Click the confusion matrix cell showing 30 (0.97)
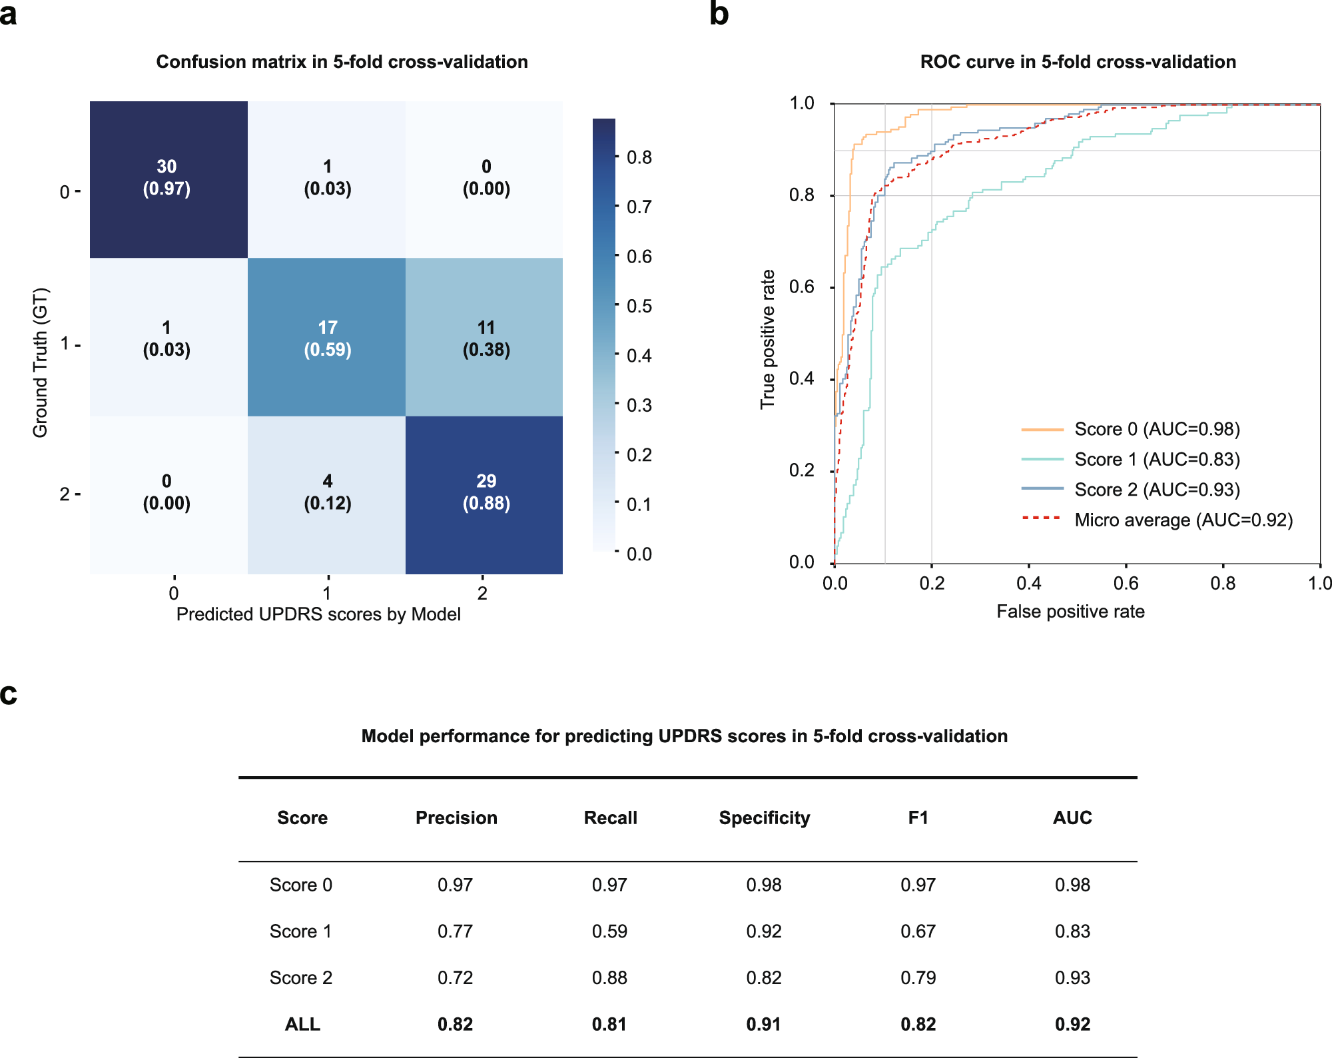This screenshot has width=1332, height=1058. [x=167, y=178]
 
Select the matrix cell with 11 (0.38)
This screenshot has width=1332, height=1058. [x=486, y=338]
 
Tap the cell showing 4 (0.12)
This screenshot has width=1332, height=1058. [x=327, y=492]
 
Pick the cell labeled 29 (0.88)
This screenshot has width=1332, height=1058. [x=486, y=492]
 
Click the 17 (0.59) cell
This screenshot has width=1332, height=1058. [x=327, y=338]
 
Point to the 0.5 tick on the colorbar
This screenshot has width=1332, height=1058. [x=639, y=306]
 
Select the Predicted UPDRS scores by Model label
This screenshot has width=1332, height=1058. [x=318, y=614]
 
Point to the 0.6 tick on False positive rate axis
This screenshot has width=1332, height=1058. [x=1126, y=584]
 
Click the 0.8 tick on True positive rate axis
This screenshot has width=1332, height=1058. [x=801, y=195]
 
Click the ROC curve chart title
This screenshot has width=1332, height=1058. [x=1078, y=62]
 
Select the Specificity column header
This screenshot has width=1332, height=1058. [x=764, y=818]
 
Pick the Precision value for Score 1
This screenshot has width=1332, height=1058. [x=455, y=931]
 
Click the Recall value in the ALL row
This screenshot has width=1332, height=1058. [x=609, y=1024]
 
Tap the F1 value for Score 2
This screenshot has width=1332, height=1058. [x=918, y=978]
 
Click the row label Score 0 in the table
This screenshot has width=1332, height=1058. [x=301, y=885]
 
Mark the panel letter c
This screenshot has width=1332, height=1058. [x=9, y=694]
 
